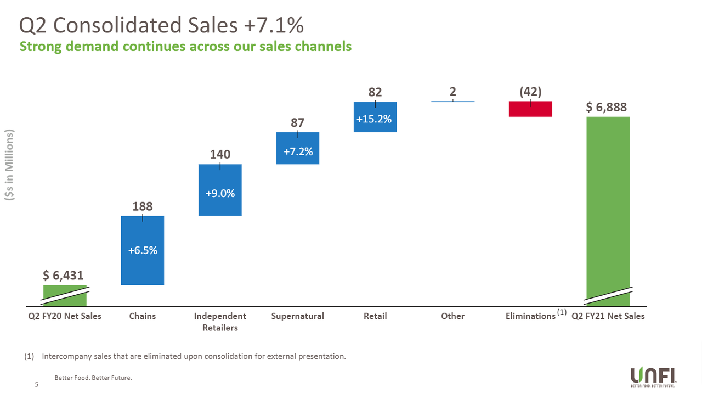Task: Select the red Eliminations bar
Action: (530, 109)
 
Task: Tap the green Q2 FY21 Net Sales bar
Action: (608, 209)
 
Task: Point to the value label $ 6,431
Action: (64, 275)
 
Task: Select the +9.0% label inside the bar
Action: (220, 193)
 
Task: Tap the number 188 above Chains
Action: (143, 206)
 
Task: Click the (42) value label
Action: (530, 92)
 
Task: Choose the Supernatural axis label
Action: (297, 316)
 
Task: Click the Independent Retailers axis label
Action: (220, 322)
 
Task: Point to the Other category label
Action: (452, 316)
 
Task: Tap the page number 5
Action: (37, 385)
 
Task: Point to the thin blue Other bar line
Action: (452, 102)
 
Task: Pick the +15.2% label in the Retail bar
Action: (375, 119)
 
